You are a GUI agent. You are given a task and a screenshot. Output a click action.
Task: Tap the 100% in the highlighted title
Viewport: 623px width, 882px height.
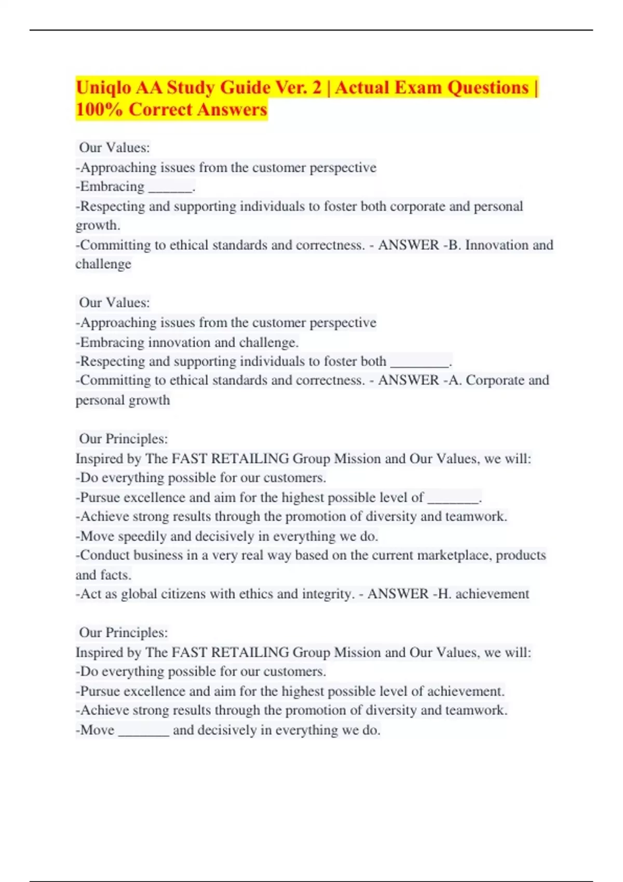pos(99,110)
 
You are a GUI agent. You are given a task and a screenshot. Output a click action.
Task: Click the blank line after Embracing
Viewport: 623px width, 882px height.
pos(170,189)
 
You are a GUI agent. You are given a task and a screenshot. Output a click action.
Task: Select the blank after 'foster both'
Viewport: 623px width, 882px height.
pos(419,364)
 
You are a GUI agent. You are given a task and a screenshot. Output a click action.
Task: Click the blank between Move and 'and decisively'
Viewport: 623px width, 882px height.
pos(144,733)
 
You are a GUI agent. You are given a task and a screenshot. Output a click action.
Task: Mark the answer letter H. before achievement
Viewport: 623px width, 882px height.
pos(444,594)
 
